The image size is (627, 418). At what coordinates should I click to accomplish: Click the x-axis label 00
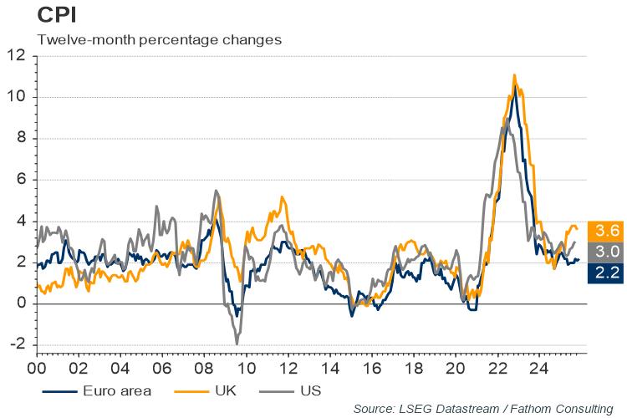tap(37, 367)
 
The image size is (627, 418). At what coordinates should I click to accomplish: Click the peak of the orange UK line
tap(514, 75)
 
